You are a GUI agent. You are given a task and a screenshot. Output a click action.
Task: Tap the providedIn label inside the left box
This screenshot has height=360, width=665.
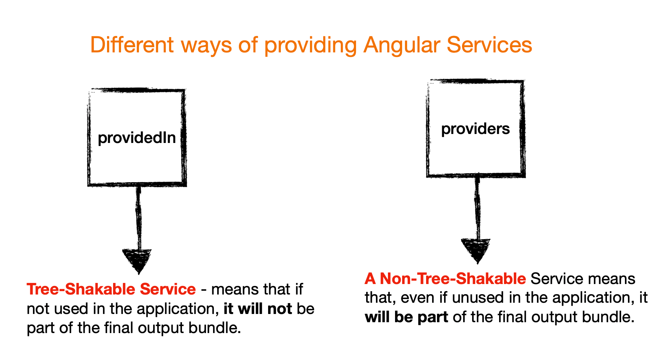coord(137,138)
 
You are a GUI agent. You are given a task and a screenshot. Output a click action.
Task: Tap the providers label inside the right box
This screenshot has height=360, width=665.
coord(475,129)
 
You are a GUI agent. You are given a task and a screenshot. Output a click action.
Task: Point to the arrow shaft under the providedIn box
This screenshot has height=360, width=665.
coord(138,217)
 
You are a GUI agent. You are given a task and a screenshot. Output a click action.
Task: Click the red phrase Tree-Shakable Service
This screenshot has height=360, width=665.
coord(111,289)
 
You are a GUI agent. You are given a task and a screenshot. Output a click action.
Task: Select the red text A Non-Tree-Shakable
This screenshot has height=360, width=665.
coord(445,278)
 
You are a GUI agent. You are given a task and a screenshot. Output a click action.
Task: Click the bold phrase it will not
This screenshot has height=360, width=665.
coord(258,309)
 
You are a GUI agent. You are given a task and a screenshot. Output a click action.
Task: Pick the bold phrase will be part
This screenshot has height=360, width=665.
coord(406,317)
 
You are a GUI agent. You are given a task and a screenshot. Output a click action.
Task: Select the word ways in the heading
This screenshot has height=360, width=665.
coord(206,45)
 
